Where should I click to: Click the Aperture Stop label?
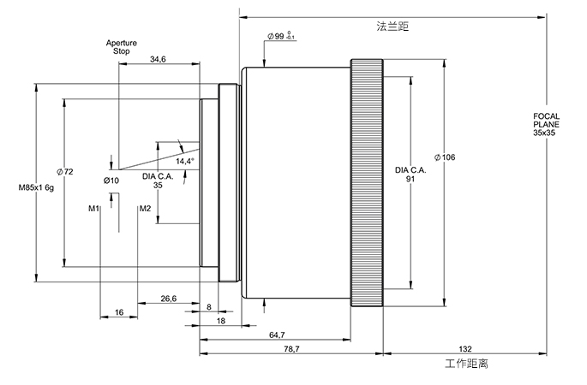tap(121, 47)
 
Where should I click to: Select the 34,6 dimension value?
tap(158, 59)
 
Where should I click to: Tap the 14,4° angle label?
tap(185, 161)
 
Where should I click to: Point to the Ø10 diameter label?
tap(111, 180)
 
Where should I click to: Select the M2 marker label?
tap(145, 208)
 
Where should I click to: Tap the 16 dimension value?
tap(119, 312)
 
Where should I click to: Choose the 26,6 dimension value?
tap(169, 299)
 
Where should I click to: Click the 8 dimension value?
tap(208, 306)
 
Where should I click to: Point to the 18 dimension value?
tap(220, 320)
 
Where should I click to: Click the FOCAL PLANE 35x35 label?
tap(546, 125)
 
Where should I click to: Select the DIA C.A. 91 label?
tap(410, 175)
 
